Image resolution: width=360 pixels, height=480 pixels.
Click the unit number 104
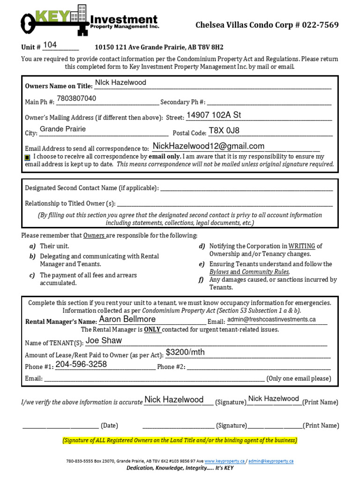tap(50, 45)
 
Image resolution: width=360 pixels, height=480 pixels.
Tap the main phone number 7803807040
tap(76, 98)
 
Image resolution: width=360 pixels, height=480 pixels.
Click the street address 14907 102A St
tap(214, 115)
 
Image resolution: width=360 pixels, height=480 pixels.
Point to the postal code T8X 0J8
tap(224, 131)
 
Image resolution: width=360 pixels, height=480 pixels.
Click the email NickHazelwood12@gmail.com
tap(209, 146)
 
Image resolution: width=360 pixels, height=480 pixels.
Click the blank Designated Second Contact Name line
tap(246, 188)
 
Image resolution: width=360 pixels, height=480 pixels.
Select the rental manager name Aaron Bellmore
tap(127, 319)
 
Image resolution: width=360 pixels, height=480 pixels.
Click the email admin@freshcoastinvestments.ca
tap(271, 320)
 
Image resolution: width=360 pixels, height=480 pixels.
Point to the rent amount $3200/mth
tap(185, 352)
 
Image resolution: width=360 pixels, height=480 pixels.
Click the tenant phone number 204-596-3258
tap(81, 364)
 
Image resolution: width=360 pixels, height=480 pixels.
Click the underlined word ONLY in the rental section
tap(152, 330)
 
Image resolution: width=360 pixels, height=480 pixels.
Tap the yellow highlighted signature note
tap(180, 441)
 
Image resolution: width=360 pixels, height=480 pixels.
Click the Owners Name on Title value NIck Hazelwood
tap(120, 82)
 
